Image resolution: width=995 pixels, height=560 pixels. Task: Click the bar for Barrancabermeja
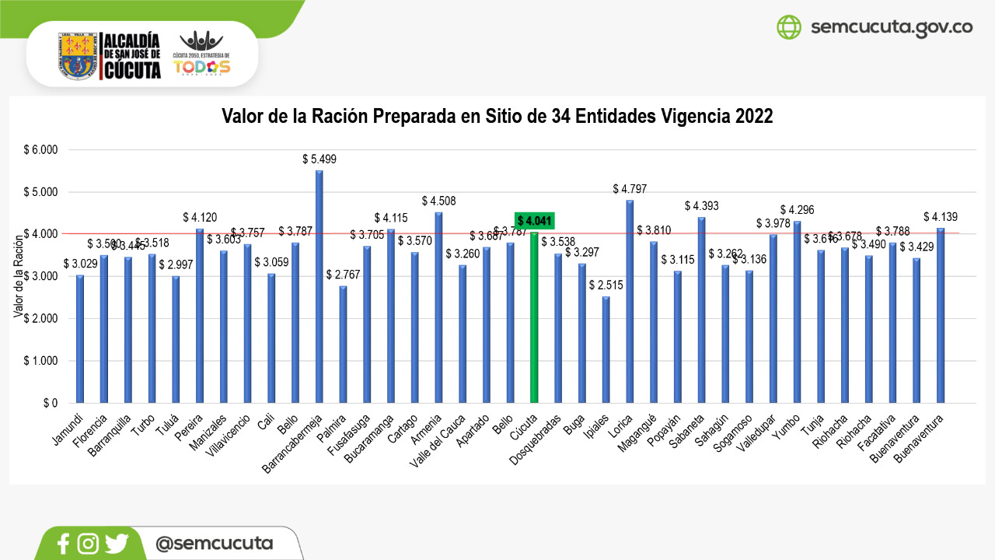pos(319,287)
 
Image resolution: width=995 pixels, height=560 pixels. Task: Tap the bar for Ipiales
pos(606,350)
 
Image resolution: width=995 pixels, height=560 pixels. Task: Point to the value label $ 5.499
pos(319,159)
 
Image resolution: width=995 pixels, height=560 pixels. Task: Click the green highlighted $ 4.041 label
pos(534,221)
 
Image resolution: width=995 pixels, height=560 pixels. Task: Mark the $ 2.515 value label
pos(606,285)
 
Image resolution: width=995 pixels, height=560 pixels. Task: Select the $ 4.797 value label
pos(630,189)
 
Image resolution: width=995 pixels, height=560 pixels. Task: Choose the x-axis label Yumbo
pos(786,427)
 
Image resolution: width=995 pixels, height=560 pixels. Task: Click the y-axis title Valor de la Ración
pos(17,276)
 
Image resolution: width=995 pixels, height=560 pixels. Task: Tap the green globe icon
pos(788,27)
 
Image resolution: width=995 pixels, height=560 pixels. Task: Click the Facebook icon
pos(64,544)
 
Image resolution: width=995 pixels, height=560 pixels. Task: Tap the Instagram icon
pos(88,544)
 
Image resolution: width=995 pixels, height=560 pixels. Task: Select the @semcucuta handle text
pos(214,543)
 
